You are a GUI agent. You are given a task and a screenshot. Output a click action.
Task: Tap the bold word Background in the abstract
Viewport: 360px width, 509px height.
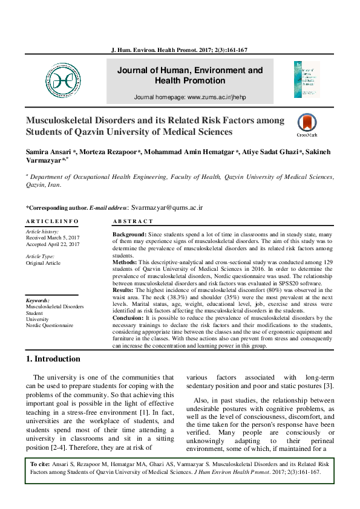tap(129, 233)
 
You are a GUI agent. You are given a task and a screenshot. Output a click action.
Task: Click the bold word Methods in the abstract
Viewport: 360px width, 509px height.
tap(125, 263)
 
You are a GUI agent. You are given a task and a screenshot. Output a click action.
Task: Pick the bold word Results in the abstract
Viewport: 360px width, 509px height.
tap(123, 290)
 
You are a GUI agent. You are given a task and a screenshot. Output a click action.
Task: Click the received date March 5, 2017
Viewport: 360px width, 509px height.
tap(53, 238)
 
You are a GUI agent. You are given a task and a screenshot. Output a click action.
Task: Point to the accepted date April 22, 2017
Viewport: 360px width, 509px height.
tap(53, 244)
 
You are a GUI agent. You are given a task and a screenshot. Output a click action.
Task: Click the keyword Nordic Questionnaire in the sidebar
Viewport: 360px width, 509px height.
tap(49, 325)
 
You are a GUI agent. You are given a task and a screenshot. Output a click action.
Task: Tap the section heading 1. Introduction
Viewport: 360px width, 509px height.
tap(53, 359)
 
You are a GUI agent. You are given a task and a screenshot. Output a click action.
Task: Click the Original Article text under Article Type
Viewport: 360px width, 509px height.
tap(43, 263)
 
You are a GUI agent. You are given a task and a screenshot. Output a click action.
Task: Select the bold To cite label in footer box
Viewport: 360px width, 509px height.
tap(40, 464)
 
